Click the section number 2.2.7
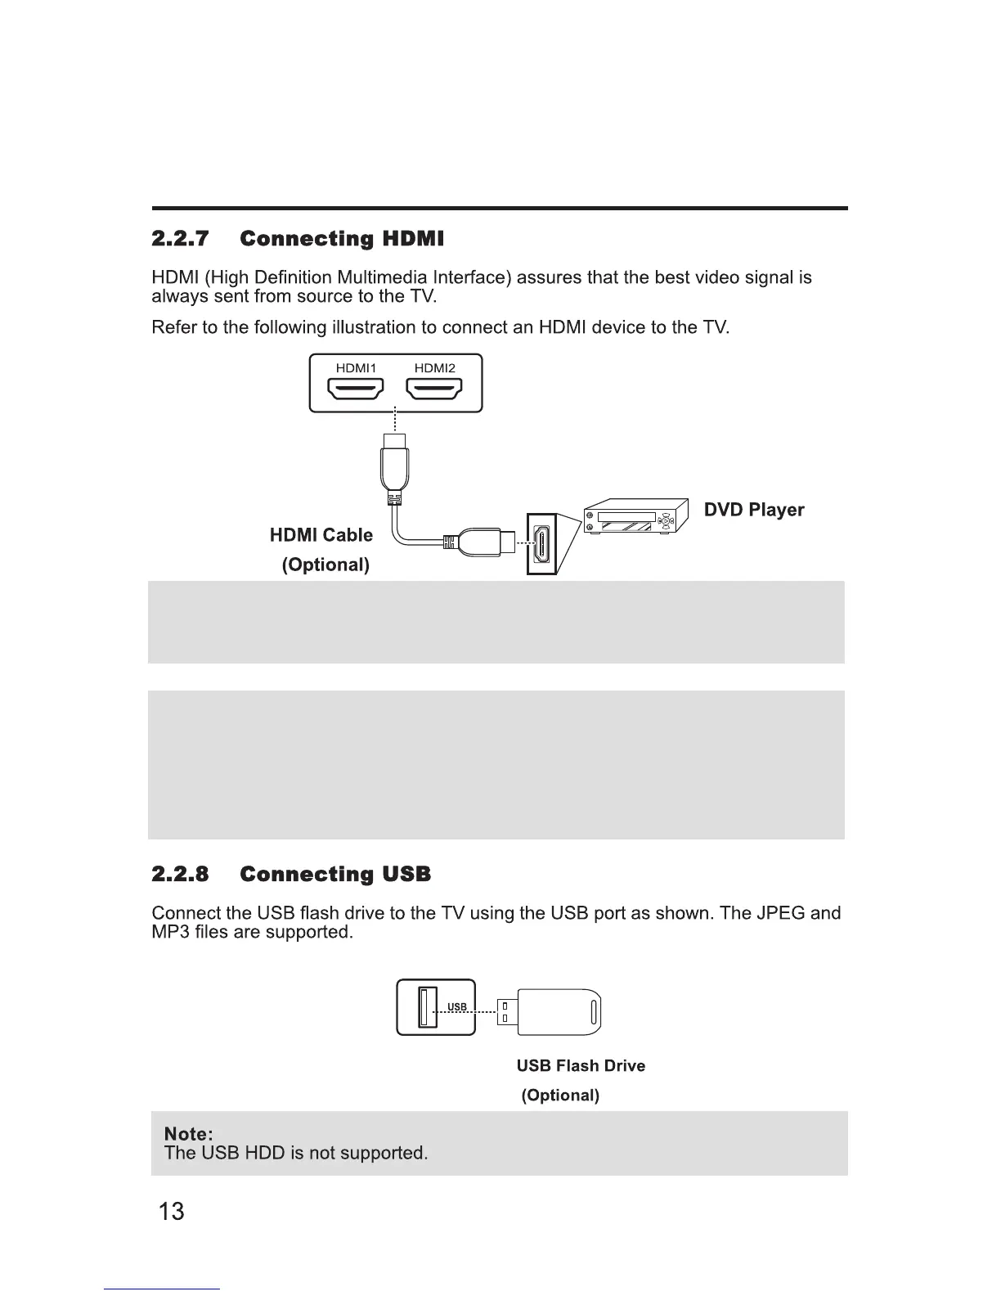coord(181,239)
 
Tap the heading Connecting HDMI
coord(342,239)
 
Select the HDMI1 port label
coord(356,368)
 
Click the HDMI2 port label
coord(434,368)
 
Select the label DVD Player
coord(754,510)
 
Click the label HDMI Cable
coord(321,535)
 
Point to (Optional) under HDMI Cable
coord(325,565)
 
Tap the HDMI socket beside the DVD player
coord(541,544)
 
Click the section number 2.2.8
coord(181,875)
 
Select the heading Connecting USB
coord(335,875)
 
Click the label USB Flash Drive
coord(581,1065)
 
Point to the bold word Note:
coord(189,1134)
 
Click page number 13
coord(172,1211)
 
